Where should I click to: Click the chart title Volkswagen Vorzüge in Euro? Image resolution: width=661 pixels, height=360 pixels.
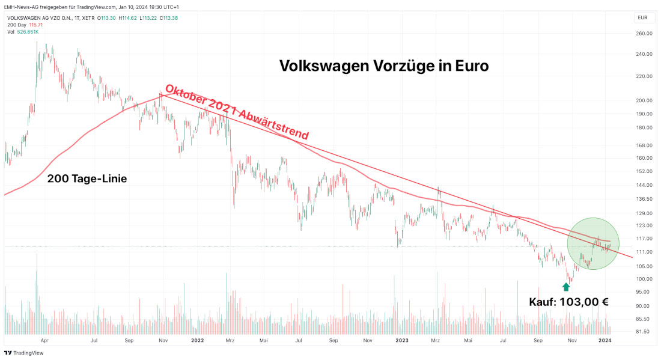384,66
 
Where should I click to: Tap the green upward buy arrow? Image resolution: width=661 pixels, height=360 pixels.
566,287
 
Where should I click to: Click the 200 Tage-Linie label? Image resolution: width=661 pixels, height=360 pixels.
87,178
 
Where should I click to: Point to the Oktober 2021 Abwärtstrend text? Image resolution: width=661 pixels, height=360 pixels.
237,112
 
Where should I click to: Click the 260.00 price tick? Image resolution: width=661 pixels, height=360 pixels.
644,34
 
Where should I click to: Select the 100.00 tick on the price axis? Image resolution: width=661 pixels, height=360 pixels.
644,279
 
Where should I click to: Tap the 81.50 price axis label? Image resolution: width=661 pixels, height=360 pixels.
644,331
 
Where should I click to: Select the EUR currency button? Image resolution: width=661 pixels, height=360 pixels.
643,17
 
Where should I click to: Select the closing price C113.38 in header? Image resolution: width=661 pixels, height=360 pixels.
168,17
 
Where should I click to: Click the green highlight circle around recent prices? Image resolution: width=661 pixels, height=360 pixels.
593,243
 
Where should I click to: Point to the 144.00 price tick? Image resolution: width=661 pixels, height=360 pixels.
644,186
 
